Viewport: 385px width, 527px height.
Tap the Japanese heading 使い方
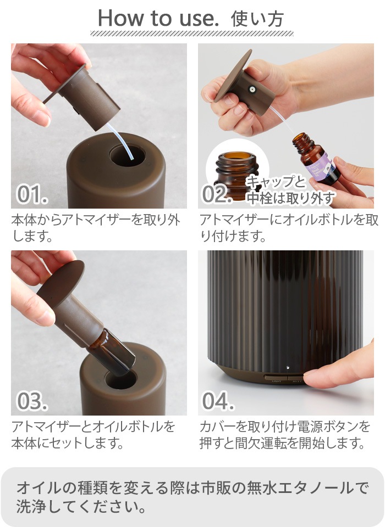point(257,19)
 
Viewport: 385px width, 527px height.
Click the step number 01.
point(32,194)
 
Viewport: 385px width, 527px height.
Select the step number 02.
point(218,194)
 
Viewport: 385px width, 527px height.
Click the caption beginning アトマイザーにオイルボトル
point(288,228)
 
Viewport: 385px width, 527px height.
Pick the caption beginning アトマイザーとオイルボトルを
point(94,434)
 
